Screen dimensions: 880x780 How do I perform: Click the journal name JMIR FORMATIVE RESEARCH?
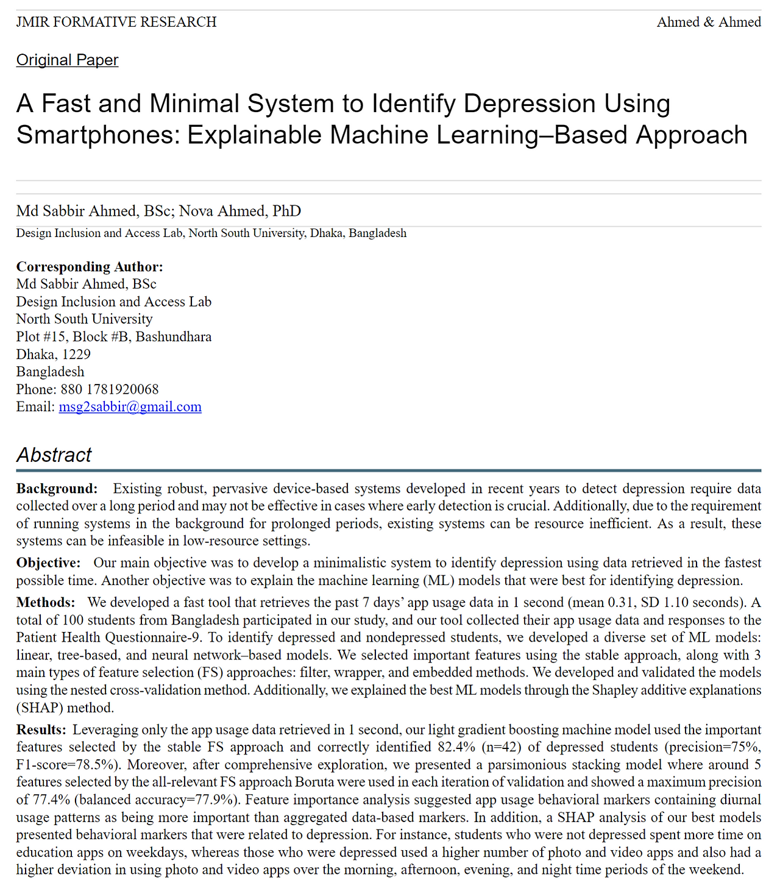pyautogui.click(x=116, y=22)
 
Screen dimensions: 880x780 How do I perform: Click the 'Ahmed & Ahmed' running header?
pyautogui.click(x=709, y=22)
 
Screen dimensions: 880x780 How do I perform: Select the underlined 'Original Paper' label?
pyautogui.click(x=67, y=60)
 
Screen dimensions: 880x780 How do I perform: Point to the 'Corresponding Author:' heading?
pyautogui.click(x=90, y=266)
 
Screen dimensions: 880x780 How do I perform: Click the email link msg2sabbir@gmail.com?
pyautogui.click(x=130, y=406)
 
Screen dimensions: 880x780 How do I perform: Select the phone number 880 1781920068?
pyautogui.click(x=110, y=389)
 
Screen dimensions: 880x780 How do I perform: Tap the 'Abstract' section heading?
pyautogui.click(x=54, y=455)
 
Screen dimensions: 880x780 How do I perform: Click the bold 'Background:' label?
pyautogui.click(x=57, y=488)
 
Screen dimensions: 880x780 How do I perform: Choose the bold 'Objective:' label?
pyautogui.click(x=48, y=562)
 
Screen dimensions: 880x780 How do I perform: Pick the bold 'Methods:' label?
pyautogui.click(x=46, y=602)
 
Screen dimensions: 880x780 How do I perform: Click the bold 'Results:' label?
pyautogui.click(x=41, y=729)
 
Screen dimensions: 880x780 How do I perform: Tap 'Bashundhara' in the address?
pyautogui.click(x=174, y=336)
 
